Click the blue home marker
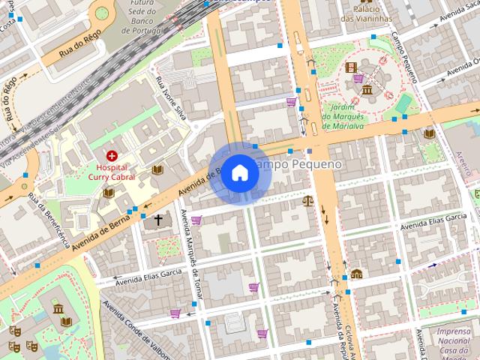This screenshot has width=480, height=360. coord(239,172)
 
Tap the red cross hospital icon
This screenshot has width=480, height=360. coord(112,155)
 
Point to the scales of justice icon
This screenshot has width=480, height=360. coord(307,200)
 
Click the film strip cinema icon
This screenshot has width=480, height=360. coord(352,67)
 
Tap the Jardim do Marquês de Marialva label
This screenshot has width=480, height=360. coord(343,117)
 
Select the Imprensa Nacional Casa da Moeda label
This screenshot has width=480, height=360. coord(453,341)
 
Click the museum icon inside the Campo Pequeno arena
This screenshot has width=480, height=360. coord(367,91)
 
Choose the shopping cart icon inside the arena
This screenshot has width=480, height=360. coord(358,78)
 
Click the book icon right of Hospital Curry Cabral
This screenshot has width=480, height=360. coord(157,169)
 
